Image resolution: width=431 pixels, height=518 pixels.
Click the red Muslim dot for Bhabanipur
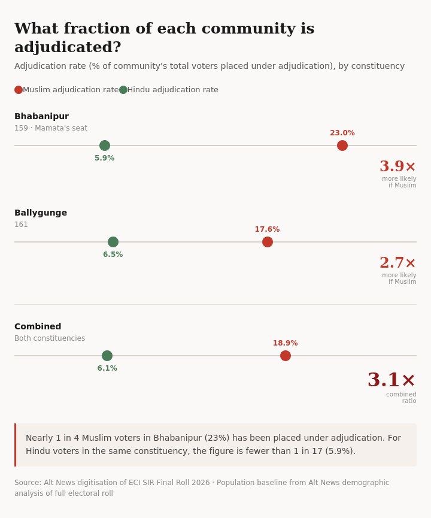tap(342, 146)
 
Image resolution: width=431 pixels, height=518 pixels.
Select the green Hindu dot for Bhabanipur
tap(105, 146)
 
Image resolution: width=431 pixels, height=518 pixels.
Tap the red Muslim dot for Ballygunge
tap(268, 242)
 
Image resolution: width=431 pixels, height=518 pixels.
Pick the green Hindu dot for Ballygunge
tap(113, 242)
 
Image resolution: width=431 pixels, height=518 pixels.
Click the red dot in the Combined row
tap(286, 356)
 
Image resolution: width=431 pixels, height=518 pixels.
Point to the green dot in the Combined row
tap(107, 356)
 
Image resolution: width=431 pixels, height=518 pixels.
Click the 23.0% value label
tap(342, 133)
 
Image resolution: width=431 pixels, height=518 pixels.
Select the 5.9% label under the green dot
tap(105, 158)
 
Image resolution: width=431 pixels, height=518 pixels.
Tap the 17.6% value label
tap(268, 229)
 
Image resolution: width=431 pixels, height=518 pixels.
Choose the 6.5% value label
tap(113, 255)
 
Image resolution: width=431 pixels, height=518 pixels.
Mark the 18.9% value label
tap(286, 343)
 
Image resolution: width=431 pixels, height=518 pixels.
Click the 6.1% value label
tap(107, 368)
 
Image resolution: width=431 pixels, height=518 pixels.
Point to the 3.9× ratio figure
tap(397, 166)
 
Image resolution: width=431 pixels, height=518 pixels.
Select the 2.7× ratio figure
tap(397, 263)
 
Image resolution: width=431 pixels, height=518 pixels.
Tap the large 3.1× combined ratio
tap(391, 380)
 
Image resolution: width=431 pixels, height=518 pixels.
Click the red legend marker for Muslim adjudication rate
tap(19, 90)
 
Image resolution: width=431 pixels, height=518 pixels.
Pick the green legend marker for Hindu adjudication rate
tap(123, 90)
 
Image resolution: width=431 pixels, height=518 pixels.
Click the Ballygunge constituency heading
tap(41, 213)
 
